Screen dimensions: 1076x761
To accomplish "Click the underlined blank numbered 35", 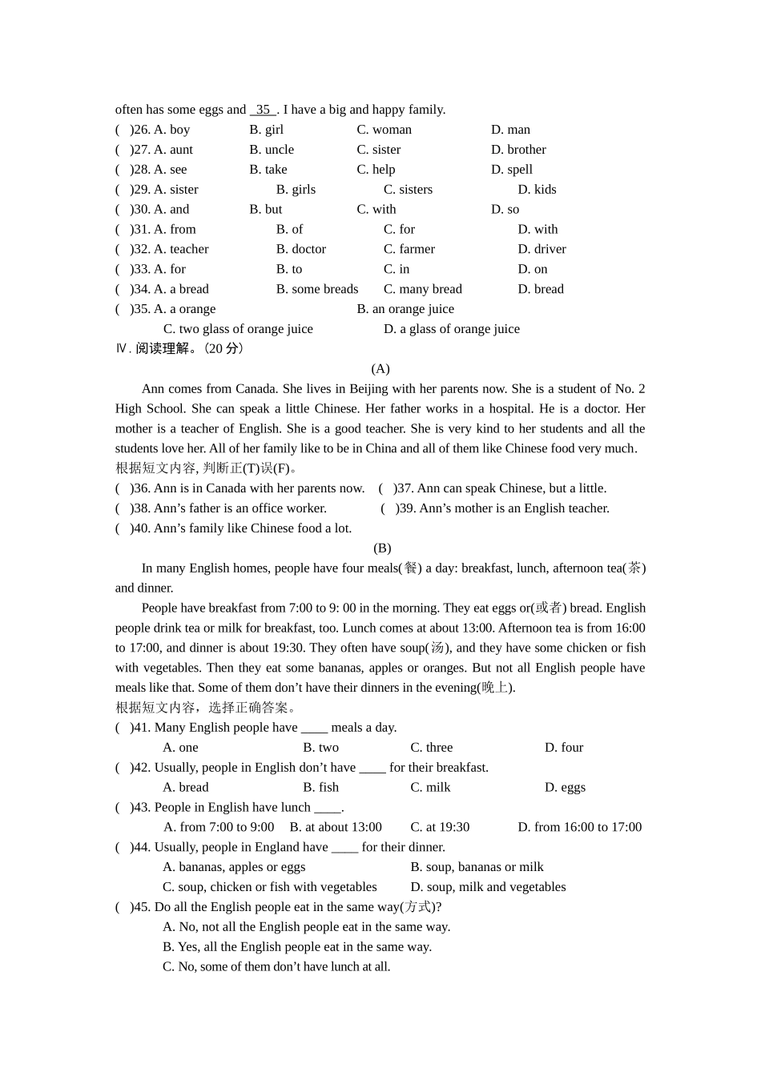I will point(263,110).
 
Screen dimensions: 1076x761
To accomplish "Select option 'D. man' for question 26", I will point(510,130).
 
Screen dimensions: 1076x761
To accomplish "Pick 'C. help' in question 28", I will point(376,170).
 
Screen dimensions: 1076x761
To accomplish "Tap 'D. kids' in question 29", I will point(537,190).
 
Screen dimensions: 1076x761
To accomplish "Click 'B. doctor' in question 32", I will point(301,249).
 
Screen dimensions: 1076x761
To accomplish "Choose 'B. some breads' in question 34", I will point(317,289).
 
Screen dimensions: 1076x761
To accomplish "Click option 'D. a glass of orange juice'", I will point(452,329).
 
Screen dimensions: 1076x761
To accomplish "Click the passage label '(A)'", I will point(380,369).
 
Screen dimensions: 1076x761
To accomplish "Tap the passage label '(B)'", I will point(382,548).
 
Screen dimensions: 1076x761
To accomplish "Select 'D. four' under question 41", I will point(564,748).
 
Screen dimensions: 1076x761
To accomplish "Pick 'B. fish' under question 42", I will point(320,788).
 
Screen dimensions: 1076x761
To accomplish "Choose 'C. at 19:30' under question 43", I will point(440,827).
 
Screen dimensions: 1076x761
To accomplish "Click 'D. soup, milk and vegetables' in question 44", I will point(488,887).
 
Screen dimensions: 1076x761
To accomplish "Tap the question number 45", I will point(141,907).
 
